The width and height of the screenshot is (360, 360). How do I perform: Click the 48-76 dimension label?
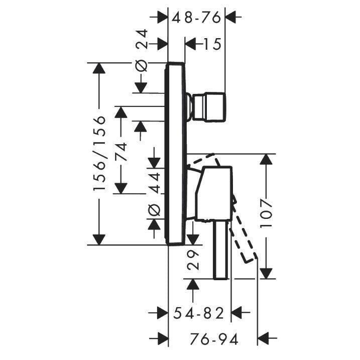tap(196, 18)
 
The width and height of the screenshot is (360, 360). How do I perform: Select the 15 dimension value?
tap(212, 44)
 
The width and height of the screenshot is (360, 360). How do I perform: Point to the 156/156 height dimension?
tap(99, 153)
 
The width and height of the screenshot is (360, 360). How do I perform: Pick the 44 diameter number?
tap(154, 183)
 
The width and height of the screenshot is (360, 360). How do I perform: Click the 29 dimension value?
tap(193, 260)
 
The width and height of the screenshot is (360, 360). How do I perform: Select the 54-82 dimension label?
tap(199, 313)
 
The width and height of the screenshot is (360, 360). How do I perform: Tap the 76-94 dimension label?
tap(214, 339)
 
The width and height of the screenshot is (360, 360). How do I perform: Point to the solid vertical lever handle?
tap(221, 250)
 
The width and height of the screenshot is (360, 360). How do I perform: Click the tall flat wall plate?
tap(175, 153)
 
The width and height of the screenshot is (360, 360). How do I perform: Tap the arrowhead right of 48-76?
tap(231, 17)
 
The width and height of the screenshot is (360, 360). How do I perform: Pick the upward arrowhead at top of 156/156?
tap(99, 68)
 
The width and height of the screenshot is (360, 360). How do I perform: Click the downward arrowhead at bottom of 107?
tap(266, 274)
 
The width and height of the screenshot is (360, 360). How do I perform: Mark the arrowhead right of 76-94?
tap(263, 338)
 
